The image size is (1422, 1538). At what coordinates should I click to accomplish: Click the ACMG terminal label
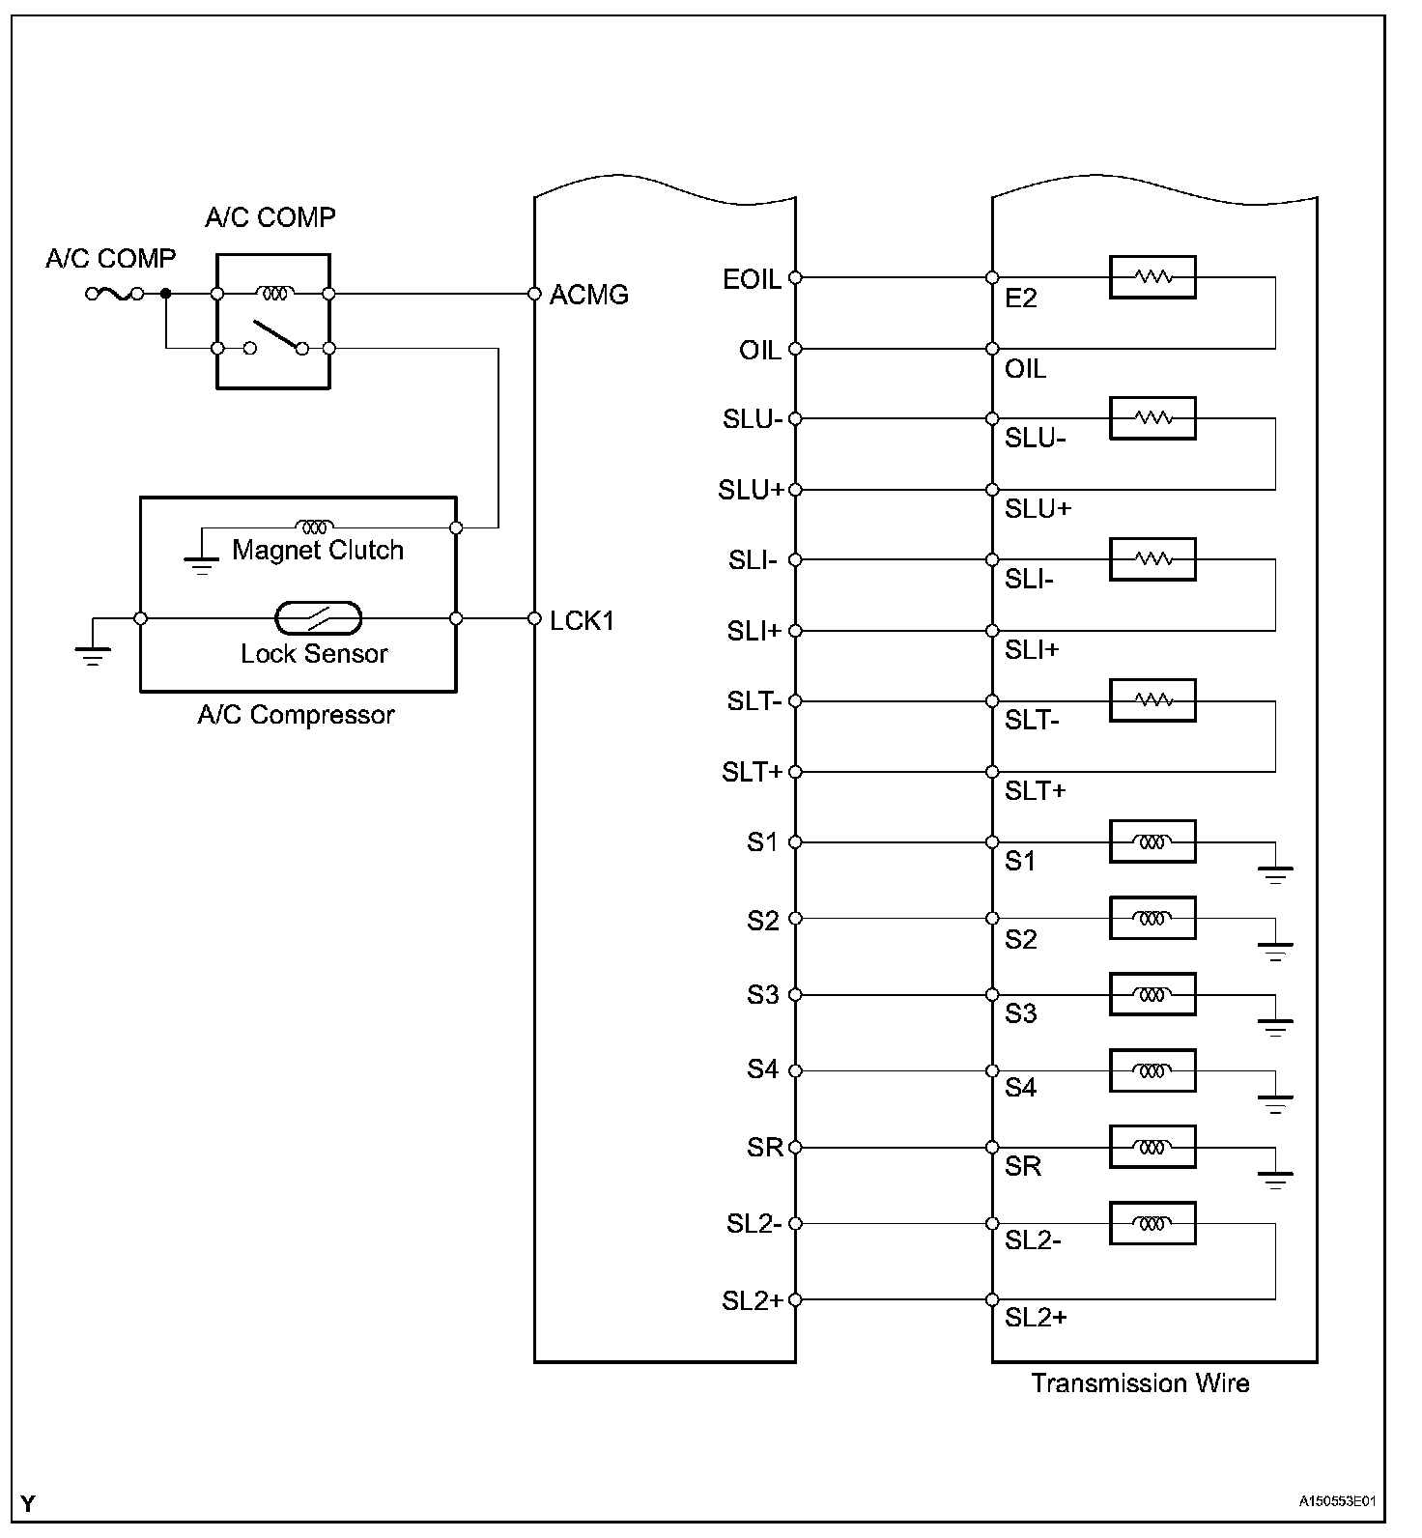click(588, 295)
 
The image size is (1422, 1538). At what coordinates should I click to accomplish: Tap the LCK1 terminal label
click(582, 620)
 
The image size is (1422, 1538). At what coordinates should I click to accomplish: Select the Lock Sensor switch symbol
click(318, 617)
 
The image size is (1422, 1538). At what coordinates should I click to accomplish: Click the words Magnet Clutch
click(317, 551)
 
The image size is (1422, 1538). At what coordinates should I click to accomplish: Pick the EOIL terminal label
click(751, 279)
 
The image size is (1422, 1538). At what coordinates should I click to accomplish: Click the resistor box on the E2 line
click(1152, 277)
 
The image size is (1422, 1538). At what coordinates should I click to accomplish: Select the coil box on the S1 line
click(1152, 842)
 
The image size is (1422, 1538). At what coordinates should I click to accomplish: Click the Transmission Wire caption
click(1140, 1383)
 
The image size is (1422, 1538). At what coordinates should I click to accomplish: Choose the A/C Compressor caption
click(296, 715)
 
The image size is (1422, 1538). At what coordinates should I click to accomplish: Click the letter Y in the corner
click(29, 1503)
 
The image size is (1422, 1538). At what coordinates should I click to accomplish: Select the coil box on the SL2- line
click(1152, 1223)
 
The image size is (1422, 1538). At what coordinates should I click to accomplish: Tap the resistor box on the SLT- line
click(1152, 700)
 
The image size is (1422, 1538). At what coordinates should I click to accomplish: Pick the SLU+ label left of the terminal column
click(751, 490)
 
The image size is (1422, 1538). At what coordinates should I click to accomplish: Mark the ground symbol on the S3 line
click(1275, 1025)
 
